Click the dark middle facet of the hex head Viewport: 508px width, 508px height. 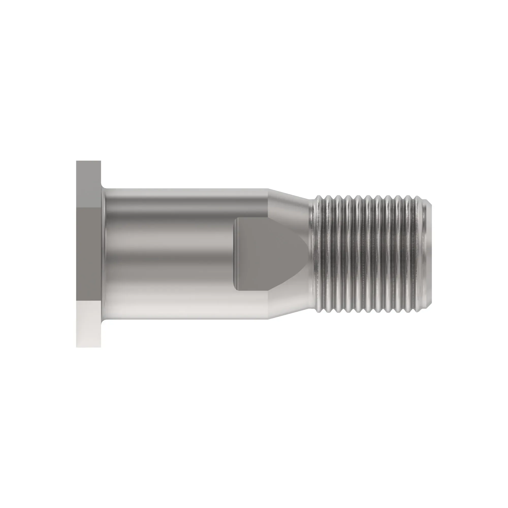coord(89,254)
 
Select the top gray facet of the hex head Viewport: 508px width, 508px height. coord(89,184)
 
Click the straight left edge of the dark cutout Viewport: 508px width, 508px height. coord(235,254)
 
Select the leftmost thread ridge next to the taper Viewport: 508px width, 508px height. coord(319,254)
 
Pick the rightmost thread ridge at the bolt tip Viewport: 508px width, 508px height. coord(424,254)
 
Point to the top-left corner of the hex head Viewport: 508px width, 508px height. coord(77,161)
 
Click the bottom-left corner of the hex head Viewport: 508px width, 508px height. coord(77,347)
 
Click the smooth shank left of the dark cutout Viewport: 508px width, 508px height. coord(168,254)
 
